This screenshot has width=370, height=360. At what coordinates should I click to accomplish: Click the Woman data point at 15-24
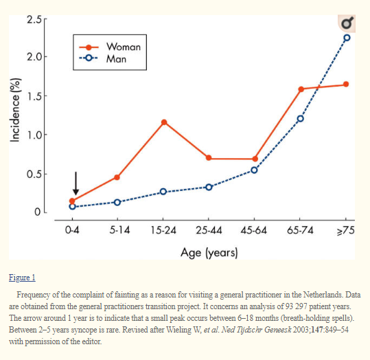coord(164,122)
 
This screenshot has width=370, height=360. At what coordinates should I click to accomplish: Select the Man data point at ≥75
coord(347,38)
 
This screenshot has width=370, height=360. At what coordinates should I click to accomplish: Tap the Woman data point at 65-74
coord(301,89)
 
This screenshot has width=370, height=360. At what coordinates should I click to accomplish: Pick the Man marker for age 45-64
coord(254,170)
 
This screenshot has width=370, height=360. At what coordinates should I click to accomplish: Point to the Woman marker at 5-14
coord(117,177)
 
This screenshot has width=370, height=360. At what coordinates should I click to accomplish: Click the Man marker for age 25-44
coord(209,188)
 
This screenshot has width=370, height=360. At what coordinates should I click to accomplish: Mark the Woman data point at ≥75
coord(346,84)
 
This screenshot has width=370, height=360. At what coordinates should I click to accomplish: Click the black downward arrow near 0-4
coord(76,183)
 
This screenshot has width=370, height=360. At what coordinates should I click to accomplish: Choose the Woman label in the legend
coord(124,47)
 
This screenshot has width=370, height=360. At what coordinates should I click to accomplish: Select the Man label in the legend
coord(116,59)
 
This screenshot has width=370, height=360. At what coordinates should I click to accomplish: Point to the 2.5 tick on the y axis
coord(34,19)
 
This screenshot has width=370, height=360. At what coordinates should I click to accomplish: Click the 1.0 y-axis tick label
coord(34,135)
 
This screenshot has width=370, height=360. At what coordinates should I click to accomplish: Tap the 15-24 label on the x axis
coord(163,230)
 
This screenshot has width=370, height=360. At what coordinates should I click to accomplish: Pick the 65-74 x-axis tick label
coord(300,230)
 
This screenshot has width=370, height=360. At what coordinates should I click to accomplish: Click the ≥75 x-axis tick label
coord(346,230)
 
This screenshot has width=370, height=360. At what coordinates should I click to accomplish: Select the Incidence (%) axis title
coord(15,110)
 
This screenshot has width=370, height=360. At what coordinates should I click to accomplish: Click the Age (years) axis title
coord(209,253)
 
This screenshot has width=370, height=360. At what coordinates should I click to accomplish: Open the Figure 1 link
coord(22,278)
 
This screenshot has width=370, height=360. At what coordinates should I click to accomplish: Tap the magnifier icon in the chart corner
coord(347,23)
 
